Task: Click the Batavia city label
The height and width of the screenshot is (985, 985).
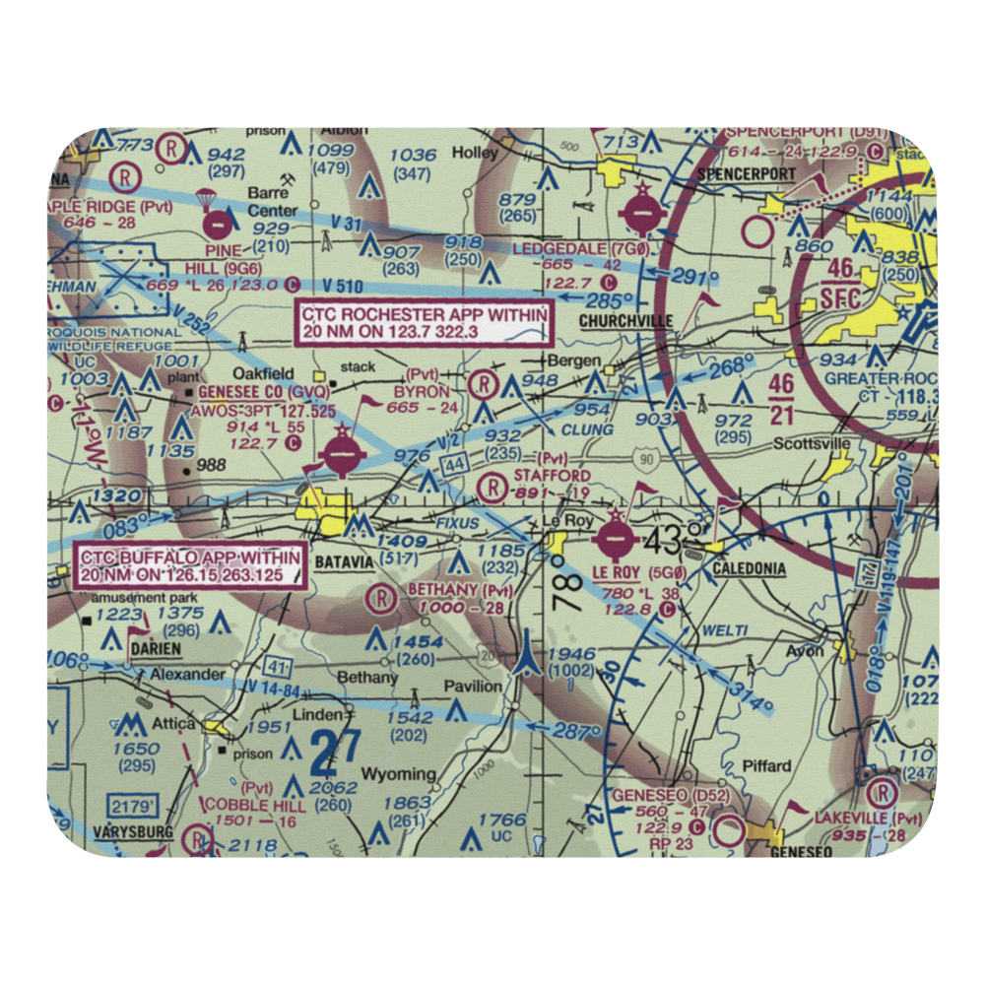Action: coord(344,561)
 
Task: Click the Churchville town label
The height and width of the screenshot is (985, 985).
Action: coord(625,321)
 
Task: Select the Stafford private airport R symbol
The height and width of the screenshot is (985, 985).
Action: coord(491,485)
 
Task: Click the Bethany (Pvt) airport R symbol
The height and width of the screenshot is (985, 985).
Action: coord(381,598)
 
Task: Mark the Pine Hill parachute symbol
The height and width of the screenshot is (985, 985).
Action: coord(207,202)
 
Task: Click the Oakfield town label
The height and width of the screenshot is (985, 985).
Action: coord(269,373)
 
